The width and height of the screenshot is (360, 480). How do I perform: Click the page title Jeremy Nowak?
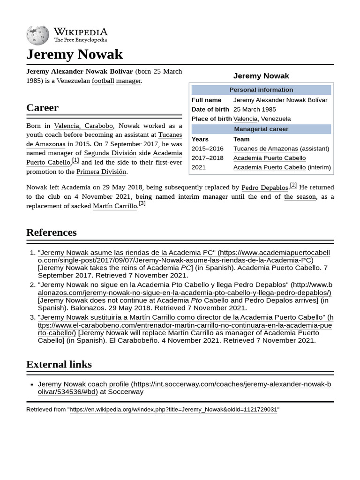click(x=75, y=54)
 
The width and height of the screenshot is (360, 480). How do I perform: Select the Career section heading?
click(x=42, y=108)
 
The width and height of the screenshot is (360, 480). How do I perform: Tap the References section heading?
click(x=51, y=232)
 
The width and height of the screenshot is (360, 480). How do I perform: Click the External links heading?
click(x=59, y=364)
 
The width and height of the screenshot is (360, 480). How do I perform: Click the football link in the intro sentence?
click(x=103, y=81)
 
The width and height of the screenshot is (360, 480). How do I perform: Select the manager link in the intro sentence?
click(x=128, y=81)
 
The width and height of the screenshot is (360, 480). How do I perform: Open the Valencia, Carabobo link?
click(x=83, y=126)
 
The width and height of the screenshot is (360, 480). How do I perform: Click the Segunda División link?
click(x=110, y=153)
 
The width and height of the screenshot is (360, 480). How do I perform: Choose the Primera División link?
click(x=101, y=172)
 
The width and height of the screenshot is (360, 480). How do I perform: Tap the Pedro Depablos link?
click(x=264, y=187)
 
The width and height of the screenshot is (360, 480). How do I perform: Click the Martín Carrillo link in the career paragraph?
click(x=114, y=206)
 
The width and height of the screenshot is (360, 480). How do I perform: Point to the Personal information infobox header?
click(x=261, y=90)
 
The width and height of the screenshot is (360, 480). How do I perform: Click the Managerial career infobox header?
click(x=261, y=129)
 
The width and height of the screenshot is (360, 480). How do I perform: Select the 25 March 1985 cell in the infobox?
click(x=255, y=109)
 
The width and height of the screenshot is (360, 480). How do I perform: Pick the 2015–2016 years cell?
click(x=207, y=149)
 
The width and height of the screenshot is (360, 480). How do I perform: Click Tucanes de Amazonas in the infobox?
click(x=265, y=149)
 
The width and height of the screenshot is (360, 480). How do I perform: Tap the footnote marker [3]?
click(x=142, y=204)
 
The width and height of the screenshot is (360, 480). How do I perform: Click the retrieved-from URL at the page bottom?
click(x=173, y=409)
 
